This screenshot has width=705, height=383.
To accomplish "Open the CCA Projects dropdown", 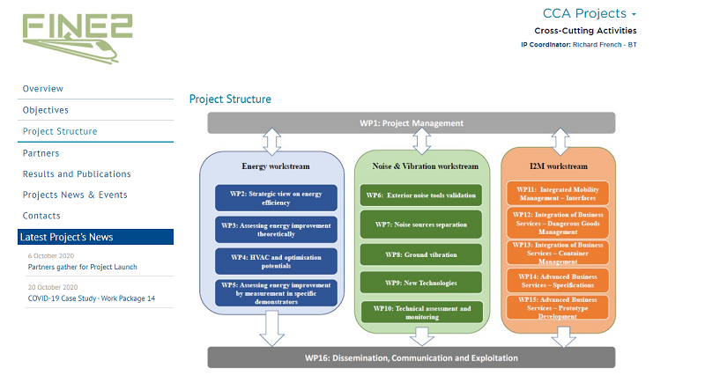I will (590, 13).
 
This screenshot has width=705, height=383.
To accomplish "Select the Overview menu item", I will (43, 89).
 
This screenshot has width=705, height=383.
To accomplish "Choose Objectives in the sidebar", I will (46, 110).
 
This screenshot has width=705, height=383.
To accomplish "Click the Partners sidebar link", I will (41, 153).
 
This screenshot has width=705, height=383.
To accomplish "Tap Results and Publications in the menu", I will (77, 174).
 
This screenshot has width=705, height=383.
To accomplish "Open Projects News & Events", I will (75, 195).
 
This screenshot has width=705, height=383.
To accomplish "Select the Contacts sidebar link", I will (41, 216).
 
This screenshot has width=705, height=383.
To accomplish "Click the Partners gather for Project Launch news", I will (82, 267).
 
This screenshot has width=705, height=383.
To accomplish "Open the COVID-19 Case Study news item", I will (91, 298).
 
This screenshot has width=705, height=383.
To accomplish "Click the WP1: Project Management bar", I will (411, 123).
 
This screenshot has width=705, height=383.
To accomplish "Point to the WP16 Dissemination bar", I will (411, 358).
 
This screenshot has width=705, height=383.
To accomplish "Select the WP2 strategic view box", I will (276, 197).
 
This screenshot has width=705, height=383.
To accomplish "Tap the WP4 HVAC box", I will (276, 261).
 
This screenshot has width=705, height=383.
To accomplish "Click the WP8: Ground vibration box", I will (421, 254).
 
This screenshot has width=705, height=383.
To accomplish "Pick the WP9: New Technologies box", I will (421, 283).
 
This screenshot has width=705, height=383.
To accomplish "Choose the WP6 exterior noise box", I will (421, 195).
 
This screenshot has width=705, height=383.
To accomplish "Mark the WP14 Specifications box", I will (556, 281).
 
